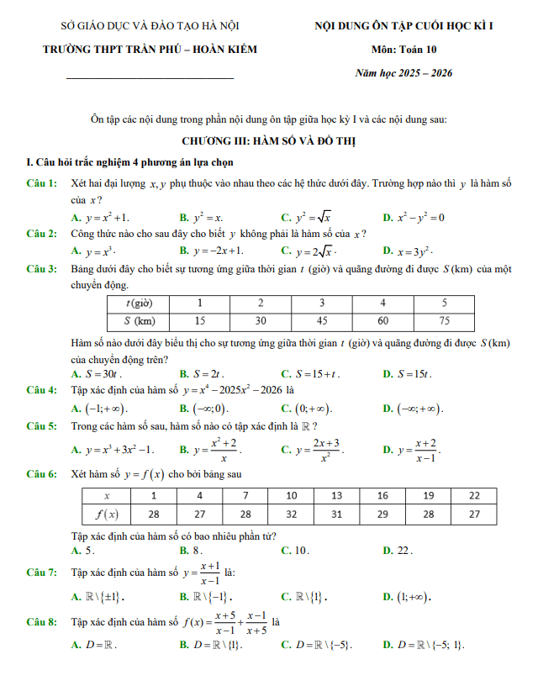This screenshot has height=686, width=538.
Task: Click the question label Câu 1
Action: click(x=42, y=183)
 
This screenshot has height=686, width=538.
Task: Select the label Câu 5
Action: click(x=42, y=426)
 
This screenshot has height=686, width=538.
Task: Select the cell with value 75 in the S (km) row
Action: click(x=444, y=320)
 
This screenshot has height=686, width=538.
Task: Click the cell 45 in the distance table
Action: click(x=321, y=320)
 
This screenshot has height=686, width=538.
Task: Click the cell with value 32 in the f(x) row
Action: click(x=292, y=514)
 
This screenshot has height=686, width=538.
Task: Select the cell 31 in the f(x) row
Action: click(x=337, y=514)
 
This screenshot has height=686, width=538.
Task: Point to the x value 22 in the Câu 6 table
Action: click(x=474, y=495)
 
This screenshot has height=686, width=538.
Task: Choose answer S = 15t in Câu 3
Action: click(x=412, y=373)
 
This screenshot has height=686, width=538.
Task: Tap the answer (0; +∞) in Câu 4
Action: click(x=312, y=409)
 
